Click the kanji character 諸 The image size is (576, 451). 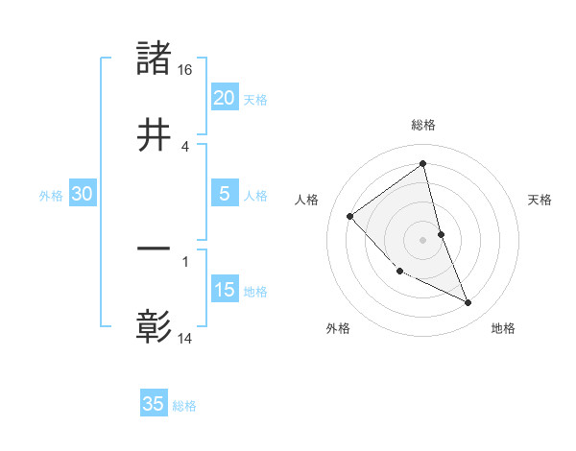[155, 59]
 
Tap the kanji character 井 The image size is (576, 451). [155, 135]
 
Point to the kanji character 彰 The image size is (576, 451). [155, 327]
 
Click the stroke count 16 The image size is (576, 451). [185, 71]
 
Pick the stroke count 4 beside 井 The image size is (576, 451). [185, 147]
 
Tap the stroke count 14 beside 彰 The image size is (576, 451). [185, 339]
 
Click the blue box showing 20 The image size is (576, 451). [224, 97]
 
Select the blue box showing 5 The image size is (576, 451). [224, 193]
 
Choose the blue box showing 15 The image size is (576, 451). [224, 289]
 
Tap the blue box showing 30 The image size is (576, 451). [83, 194]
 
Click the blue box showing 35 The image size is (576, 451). [154, 404]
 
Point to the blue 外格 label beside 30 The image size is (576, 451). [51, 195]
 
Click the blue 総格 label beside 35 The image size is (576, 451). [184, 406]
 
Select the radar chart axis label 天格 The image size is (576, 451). [540, 200]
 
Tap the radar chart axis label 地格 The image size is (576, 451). [503, 328]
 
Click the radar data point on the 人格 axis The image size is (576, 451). [350, 216]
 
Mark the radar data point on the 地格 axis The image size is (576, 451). [468, 302]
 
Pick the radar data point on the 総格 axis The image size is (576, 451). [422, 164]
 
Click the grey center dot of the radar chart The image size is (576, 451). [422, 240]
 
